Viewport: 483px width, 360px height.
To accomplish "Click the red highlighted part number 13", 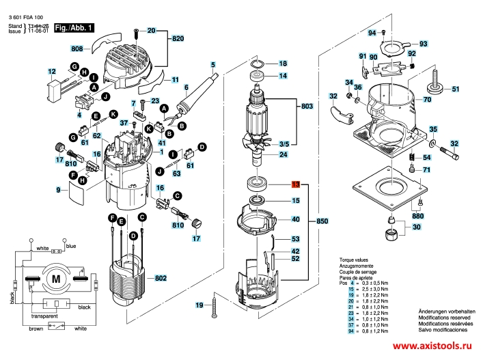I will [295, 184].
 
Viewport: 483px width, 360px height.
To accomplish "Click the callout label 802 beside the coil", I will [161, 278].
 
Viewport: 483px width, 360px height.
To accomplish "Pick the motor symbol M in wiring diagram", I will [54, 278].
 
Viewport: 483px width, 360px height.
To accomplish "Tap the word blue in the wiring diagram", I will [71, 246].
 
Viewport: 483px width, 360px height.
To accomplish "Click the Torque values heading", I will [355, 261].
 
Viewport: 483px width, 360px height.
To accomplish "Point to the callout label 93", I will [423, 44].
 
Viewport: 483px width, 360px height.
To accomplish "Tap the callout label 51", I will [456, 88].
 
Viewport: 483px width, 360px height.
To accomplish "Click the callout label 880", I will [417, 215].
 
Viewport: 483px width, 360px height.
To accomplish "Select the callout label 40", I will [296, 220].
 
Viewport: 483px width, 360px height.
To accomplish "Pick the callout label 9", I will [59, 189].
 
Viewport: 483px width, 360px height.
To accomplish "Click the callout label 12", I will [52, 71].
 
